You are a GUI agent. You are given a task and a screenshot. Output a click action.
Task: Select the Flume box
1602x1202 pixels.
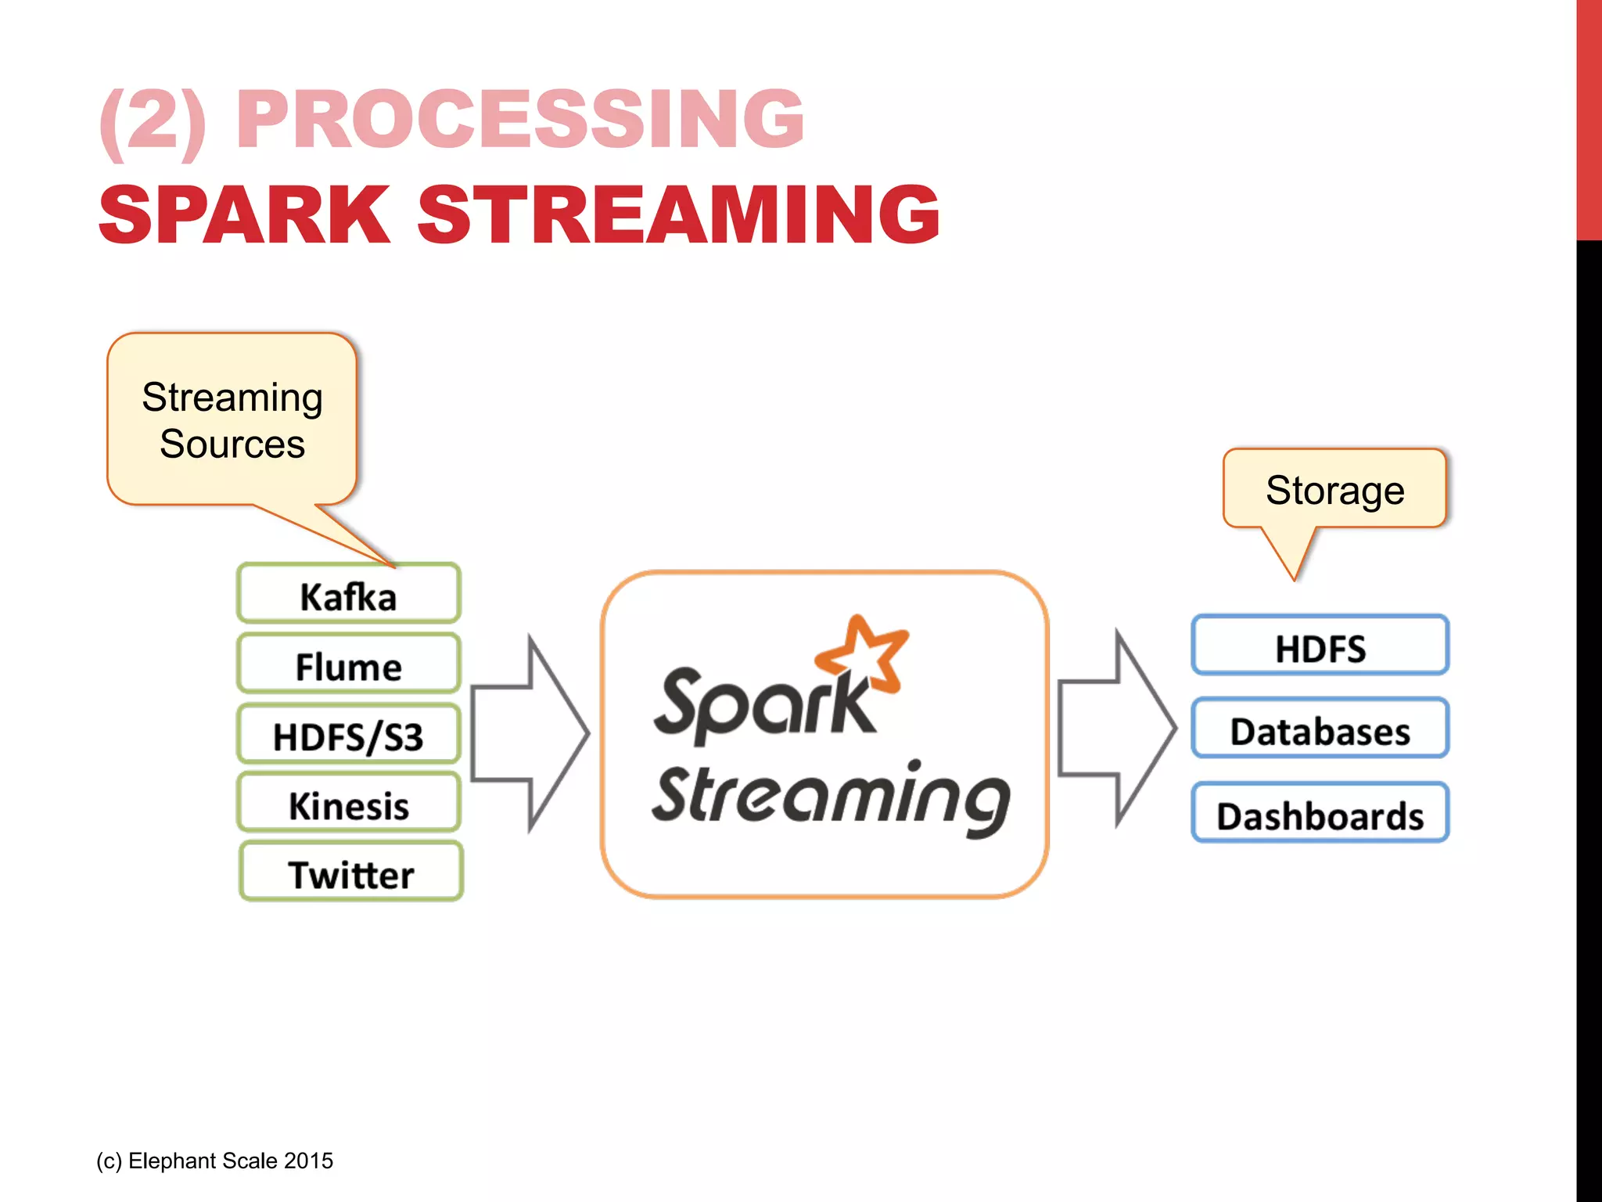pyautogui.click(x=348, y=665)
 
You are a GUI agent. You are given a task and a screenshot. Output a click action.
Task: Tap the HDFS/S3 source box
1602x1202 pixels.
pyautogui.click(x=348, y=736)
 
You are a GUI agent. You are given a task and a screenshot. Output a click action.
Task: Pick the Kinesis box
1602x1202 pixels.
pyautogui.click(x=348, y=804)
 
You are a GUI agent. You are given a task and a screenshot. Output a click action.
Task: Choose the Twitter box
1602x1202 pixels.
pyautogui.click(x=350, y=873)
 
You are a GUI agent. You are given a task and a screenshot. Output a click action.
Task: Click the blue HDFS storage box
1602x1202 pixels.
pyautogui.click(x=1320, y=646)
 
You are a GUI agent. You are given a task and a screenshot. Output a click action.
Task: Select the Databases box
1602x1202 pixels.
pyautogui.click(x=1320, y=730)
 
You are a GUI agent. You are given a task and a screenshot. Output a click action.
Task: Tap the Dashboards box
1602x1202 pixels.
pyautogui.click(x=1320, y=815)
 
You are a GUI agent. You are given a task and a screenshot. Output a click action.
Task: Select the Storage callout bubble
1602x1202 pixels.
pyautogui.click(x=1334, y=490)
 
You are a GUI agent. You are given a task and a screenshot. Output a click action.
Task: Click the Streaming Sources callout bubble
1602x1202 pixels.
pyautogui.click(x=232, y=420)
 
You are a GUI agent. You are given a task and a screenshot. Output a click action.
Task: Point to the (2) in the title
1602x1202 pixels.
pyautogui.click(x=153, y=119)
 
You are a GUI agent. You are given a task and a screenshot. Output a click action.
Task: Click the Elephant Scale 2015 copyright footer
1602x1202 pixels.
pyautogui.click(x=214, y=1161)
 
